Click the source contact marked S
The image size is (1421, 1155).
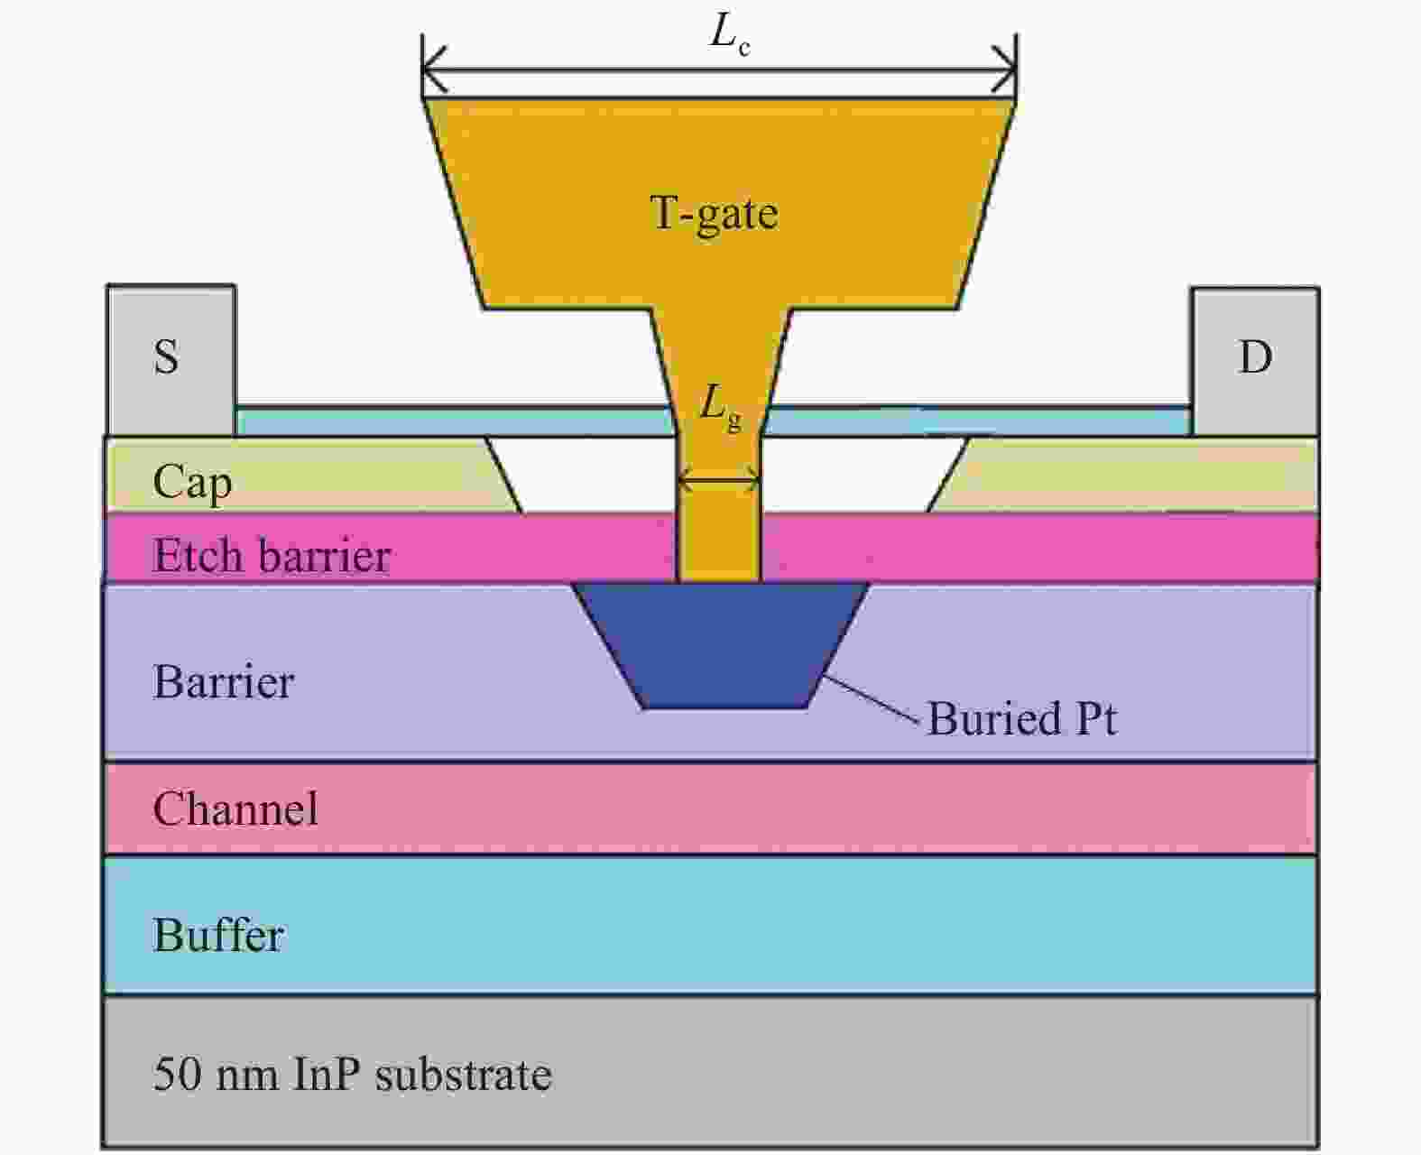point(168,357)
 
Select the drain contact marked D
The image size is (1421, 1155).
point(1255,357)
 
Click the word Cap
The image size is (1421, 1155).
point(192,483)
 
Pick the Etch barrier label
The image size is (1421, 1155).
point(272,555)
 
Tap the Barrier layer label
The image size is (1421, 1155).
point(224,682)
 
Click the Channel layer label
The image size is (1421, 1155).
point(235,808)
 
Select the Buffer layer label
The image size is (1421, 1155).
point(219,936)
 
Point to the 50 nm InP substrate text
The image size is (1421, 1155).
point(353,1074)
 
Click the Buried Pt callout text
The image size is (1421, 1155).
point(1022,719)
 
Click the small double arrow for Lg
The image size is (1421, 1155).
point(719,484)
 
